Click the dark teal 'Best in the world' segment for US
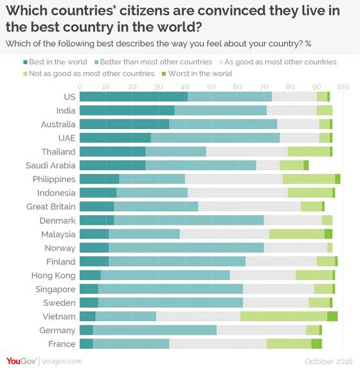[133, 97]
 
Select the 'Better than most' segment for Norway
[186, 248]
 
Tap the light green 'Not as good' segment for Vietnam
[284, 316]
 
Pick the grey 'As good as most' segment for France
[218, 344]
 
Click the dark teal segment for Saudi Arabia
[112, 165]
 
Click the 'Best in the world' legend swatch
[26, 62]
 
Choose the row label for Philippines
[54, 179]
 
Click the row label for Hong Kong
[53, 275]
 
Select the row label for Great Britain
[51, 207]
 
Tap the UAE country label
[67, 138]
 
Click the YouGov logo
[21, 361]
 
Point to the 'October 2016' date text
[329, 361]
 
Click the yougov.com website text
[62, 361]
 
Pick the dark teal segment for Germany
[86, 330]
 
